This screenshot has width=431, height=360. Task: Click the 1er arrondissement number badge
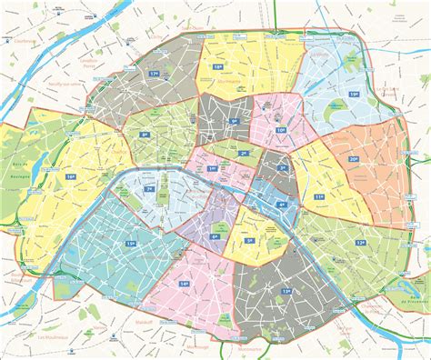coord(213,169)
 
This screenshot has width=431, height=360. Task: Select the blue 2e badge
coord(242,153)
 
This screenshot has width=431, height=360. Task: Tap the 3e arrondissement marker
coord(282,168)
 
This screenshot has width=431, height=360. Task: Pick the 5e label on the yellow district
coord(250,242)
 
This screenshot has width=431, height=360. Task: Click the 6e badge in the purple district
coord(215,236)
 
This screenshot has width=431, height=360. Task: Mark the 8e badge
coord(145,135)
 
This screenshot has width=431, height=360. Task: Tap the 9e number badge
coord(234,121)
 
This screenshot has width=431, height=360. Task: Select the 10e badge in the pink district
coord(280,131)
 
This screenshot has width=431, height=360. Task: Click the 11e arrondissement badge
coord(318,195)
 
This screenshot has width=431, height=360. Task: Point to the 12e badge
coord(361,243)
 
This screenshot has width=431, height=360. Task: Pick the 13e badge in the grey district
coord(286,291)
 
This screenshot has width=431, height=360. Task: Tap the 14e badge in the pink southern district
coord(184,285)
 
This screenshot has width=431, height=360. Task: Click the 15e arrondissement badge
coord(131,244)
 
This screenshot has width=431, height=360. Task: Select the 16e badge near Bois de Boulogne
coord(70,176)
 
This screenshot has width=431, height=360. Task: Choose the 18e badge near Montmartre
coord(217,67)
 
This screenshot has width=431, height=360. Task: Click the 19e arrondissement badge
coord(354,93)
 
